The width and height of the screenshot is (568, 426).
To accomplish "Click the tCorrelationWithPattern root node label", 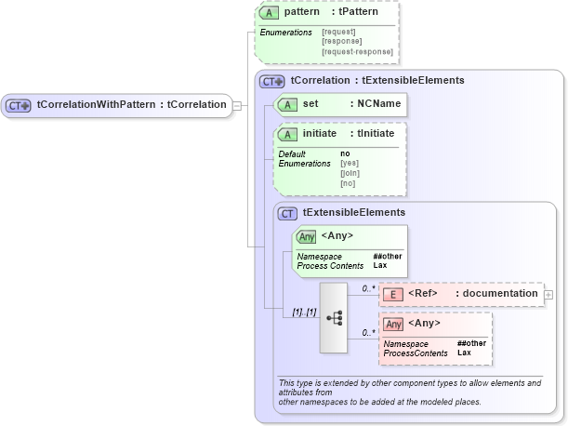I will tap(131, 105).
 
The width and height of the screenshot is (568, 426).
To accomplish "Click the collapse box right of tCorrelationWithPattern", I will tap(237, 105).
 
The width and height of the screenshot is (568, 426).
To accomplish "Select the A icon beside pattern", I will tap(270, 14).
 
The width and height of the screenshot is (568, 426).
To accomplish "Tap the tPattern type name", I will tap(357, 14).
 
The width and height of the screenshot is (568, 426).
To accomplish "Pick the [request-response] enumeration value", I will tap(357, 51).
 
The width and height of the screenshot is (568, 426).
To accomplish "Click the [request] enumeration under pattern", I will tap(338, 33).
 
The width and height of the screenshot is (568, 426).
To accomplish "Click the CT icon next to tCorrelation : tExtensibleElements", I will tap(272, 81).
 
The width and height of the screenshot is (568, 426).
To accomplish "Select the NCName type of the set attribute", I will tap(375, 104).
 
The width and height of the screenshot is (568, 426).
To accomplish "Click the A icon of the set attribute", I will tap(288, 104).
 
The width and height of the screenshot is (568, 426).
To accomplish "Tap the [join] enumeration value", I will tap(350, 173).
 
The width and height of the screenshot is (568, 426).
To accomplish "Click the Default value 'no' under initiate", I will tap(345, 153).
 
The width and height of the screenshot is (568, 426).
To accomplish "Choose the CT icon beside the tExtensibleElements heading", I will tap(288, 213).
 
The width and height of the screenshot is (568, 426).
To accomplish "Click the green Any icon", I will tap(307, 236).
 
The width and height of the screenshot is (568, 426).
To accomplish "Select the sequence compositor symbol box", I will tap(333, 317).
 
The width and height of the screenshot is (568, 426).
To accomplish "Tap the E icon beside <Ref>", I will tap(394, 295).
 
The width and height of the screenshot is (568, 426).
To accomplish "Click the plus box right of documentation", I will tap(548, 295).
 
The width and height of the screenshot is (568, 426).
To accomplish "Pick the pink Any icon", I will tap(394, 325).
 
